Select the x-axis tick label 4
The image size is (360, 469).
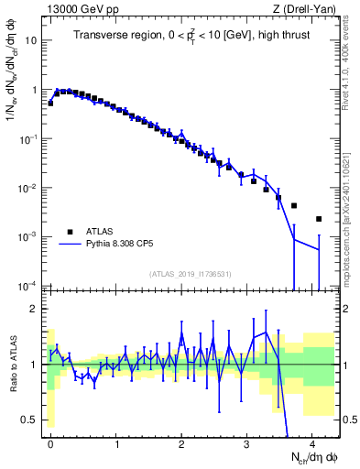[312, 443]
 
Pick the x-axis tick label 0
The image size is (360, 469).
[50, 443]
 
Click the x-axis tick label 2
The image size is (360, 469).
[181, 443]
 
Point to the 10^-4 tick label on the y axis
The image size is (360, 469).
[27, 287]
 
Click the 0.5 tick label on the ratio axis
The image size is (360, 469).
[29, 420]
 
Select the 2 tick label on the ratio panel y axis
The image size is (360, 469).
[34, 309]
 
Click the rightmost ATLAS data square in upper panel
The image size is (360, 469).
[318, 219]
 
